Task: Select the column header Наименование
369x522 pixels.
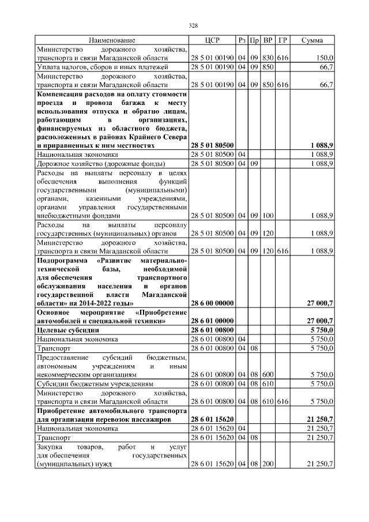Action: point(112,40)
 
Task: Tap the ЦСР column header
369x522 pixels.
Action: point(212,40)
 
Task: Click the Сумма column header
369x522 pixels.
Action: point(312,40)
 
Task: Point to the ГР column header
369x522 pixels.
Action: point(283,40)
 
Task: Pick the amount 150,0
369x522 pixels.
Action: point(325,58)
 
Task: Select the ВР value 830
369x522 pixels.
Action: point(268,58)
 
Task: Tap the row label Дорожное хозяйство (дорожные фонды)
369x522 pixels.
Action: point(101,164)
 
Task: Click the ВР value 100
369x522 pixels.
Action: point(268,215)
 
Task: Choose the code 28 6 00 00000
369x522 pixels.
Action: point(212,303)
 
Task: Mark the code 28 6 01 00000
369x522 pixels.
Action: point(212,321)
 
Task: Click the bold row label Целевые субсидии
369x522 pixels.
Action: point(67,330)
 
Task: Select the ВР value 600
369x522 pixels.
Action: point(268,374)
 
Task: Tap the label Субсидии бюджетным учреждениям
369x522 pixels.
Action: point(95,384)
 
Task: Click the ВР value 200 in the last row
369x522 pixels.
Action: point(268,464)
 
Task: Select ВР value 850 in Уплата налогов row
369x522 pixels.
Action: point(268,67)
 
